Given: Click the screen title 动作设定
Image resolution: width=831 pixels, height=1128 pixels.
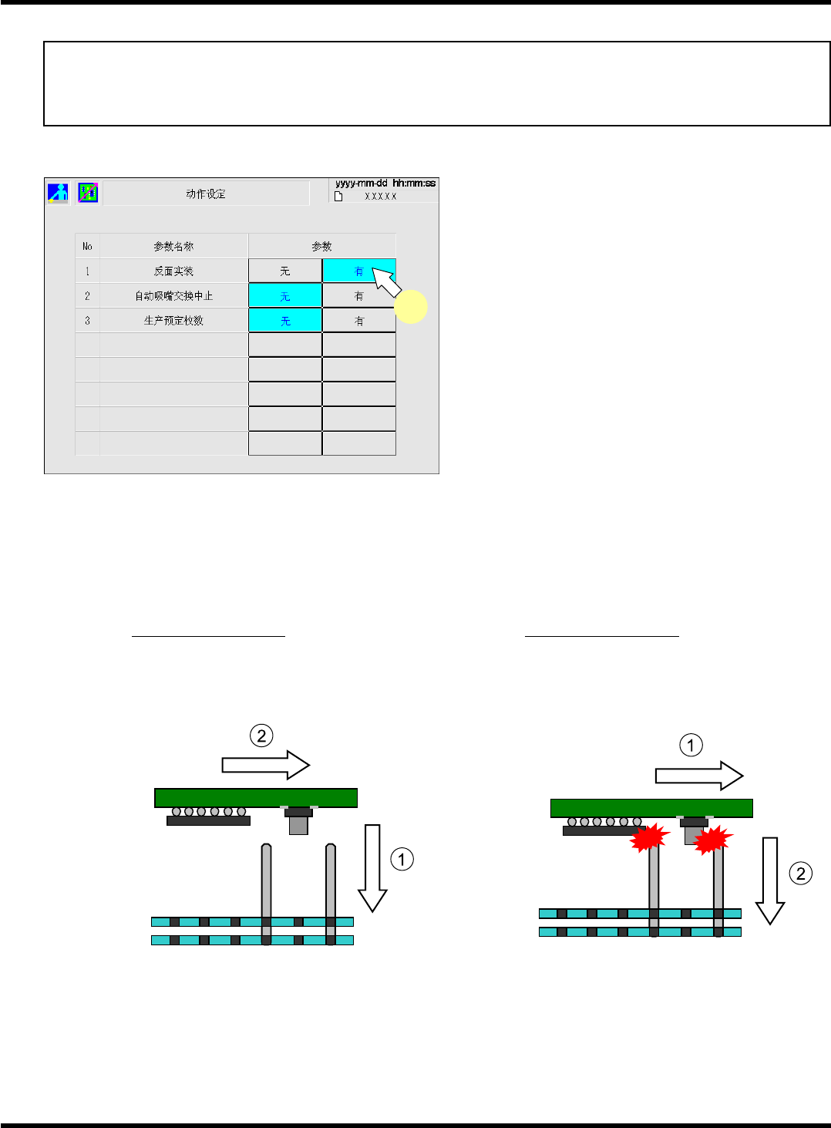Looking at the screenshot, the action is point(206,194).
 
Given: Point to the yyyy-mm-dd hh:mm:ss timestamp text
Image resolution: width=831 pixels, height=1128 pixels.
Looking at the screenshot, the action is point(385,184).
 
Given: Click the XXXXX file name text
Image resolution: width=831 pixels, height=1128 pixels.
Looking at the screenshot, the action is point(380,197).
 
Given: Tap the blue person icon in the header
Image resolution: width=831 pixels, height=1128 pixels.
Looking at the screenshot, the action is point(58,193).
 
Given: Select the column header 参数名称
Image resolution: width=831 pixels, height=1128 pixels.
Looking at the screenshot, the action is point(173,247).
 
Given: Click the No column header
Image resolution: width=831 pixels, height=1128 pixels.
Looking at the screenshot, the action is point(87,247).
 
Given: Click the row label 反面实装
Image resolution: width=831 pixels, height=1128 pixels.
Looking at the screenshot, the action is point(173,271).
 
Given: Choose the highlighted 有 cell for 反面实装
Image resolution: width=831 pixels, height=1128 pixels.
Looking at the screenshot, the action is point(358,271).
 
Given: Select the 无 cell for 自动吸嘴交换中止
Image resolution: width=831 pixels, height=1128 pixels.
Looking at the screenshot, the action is point(285,296).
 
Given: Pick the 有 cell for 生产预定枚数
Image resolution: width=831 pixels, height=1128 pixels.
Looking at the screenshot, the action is point(359,321).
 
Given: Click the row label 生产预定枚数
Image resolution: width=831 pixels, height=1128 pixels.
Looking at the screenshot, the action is point(173,321).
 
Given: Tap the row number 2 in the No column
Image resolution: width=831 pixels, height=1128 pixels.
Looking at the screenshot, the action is point(87,296).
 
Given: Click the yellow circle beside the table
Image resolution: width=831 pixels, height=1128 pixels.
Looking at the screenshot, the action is point(411,307).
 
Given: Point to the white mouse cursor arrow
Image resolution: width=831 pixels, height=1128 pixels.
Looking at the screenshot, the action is point(386,281).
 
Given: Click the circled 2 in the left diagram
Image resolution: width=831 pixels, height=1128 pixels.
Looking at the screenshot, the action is point(262,736).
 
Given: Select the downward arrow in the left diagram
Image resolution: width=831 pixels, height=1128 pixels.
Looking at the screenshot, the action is point(372,867).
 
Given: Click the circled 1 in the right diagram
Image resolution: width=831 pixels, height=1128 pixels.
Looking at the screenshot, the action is point(691,746).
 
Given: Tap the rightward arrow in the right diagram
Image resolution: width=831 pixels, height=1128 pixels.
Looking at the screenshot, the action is point(698,776).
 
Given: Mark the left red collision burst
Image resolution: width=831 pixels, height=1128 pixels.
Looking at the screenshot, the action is point(649,838).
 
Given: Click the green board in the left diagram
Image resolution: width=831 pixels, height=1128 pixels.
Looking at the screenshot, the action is point(256,797).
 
